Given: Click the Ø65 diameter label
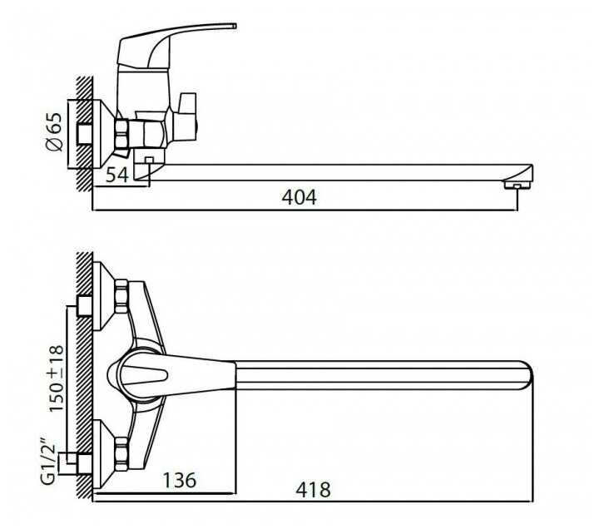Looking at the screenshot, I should click(54, 132).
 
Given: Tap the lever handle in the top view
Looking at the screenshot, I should click(166, 371).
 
